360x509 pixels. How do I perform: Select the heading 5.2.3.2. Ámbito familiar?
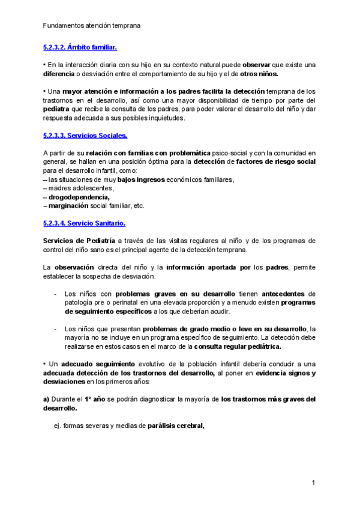(80, 46)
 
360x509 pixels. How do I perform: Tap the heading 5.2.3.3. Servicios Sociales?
(85, 136)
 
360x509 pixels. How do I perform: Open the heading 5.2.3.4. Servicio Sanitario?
(84, 223)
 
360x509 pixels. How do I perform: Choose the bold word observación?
(74, 268)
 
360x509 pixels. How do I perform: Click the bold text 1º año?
(92, 399)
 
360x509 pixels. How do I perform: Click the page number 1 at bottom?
(313, 483)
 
